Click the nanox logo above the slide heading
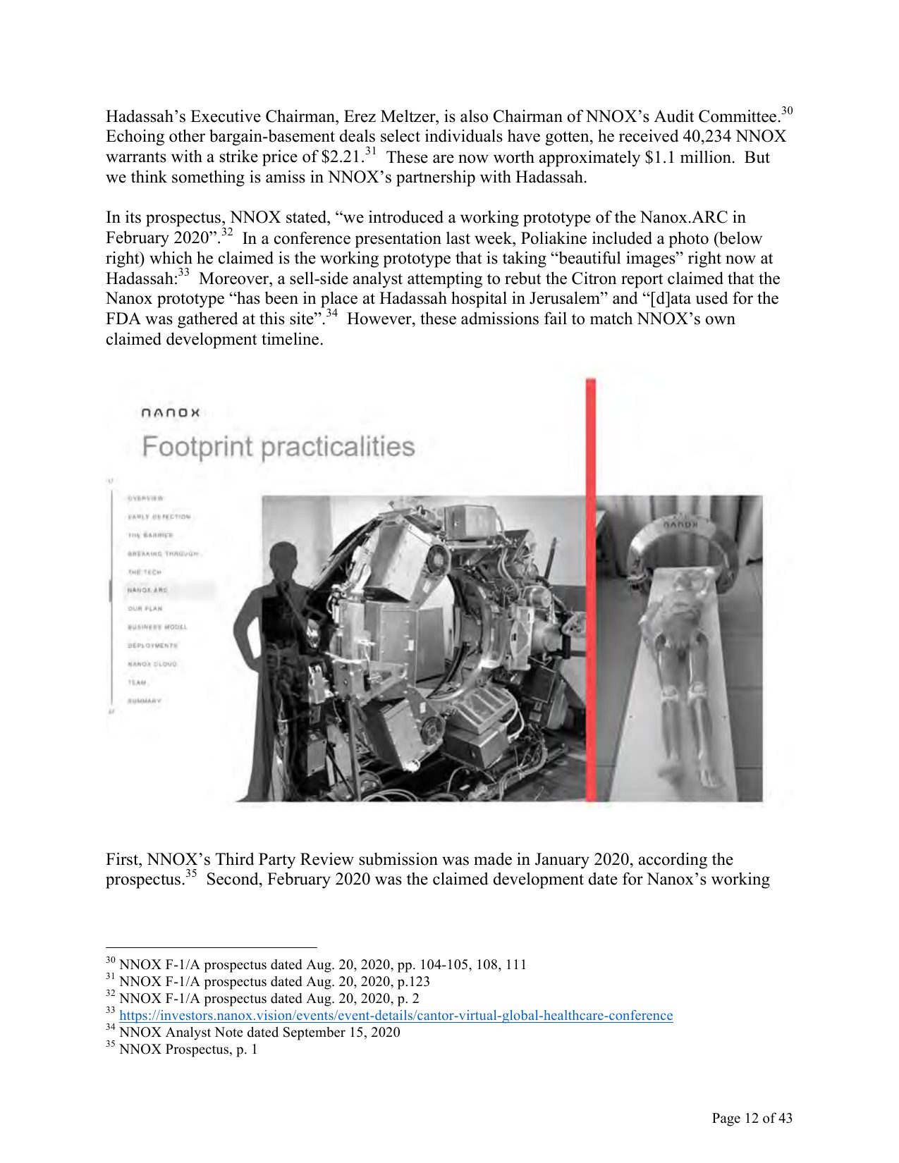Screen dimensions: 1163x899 [170, 412]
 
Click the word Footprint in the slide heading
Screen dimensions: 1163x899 [197, 448]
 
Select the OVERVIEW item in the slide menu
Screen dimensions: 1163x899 [145, 498]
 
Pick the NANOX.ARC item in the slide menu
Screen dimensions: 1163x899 [147, 590]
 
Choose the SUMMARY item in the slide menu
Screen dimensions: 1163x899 [145, 701]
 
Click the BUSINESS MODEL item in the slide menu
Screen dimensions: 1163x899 [157, 627]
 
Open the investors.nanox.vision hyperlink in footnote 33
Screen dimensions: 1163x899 [396, 1016]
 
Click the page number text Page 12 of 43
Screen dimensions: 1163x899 [752, 1118]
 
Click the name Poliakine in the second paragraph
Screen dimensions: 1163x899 [559, 238]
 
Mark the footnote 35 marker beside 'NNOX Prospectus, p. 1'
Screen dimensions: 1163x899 [110, 1047]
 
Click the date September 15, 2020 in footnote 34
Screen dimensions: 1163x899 [341, 1033]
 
